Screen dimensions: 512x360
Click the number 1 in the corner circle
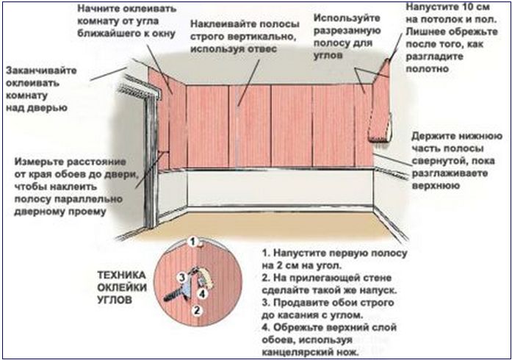tap(192, 242)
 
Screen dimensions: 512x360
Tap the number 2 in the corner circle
tap(197, 310)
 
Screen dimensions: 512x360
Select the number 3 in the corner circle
tap(182, 278)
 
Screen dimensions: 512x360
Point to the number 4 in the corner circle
tap(203, 294)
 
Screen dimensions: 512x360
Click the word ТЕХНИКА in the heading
tap(121, 275)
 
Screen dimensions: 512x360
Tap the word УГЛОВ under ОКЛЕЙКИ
tap(115, 300)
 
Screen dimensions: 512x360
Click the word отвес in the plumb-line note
tap(261, 49)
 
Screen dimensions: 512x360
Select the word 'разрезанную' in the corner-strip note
tap(347, 31)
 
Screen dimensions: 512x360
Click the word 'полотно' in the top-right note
tap(427, 69)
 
